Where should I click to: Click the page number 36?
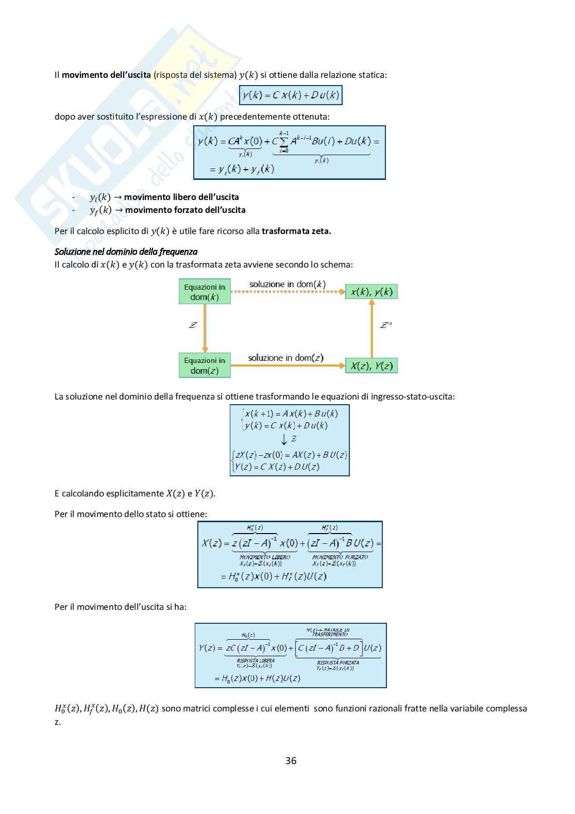click(x=291, y=760)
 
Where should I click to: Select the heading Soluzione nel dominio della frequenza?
click(x=126, y=252)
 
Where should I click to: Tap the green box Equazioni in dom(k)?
click(x=205, y=292)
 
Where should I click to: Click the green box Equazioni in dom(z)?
click(x=205, y=366)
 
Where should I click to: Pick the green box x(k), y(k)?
click(x=371, y=292)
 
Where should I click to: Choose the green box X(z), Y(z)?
click(x=371, y=366)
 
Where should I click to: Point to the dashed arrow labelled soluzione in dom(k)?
click(x=287, y=292)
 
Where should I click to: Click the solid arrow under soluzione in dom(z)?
click(x=287, y=366)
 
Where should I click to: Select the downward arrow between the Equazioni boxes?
click(x=205, y=328)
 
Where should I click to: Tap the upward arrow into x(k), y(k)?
click(x=371, y=328)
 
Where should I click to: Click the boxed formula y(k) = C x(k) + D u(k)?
click(x=291, y=95)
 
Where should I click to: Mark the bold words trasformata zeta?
click(x=296, y=231)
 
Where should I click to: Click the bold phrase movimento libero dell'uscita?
click(x=181, y=197)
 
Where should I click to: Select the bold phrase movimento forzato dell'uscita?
click(x=185, y=210)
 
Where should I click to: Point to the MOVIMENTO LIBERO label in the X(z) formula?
click(x=265, y=557)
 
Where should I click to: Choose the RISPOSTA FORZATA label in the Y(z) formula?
click(x=338, y=662)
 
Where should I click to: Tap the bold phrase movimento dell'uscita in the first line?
click(x=106, y=75)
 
